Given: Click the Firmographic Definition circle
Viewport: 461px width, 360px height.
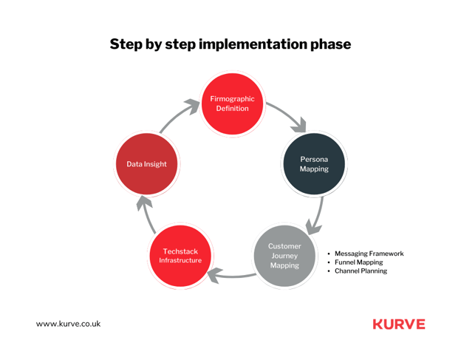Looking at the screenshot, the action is tap(232, 103).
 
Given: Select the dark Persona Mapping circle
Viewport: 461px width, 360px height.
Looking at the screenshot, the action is tap(314, 164).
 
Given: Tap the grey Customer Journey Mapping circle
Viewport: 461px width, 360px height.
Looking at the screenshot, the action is tap(284, 256).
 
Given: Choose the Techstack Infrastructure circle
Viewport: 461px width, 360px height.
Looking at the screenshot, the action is tap(180, 256).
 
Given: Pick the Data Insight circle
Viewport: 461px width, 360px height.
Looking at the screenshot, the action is tap(147, 164).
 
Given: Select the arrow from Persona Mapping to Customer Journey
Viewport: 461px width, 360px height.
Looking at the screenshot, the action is tap(318, 215).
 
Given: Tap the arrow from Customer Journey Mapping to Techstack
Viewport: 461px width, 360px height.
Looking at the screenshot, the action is tap(232, 276).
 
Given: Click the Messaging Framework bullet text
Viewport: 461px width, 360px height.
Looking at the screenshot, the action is tap(369, 254).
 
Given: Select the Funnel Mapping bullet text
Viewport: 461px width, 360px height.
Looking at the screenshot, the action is tap(359, 262).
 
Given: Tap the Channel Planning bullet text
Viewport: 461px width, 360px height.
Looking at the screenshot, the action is tap(361, 271).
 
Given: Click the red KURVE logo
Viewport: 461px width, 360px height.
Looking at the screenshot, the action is tap(399, 324).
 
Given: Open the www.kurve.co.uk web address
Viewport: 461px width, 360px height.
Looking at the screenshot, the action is tap(68, 324).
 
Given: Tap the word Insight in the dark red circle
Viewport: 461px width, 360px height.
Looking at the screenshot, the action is tap(156, 164).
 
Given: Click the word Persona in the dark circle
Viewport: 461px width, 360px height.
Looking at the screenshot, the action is tap(314, 159).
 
